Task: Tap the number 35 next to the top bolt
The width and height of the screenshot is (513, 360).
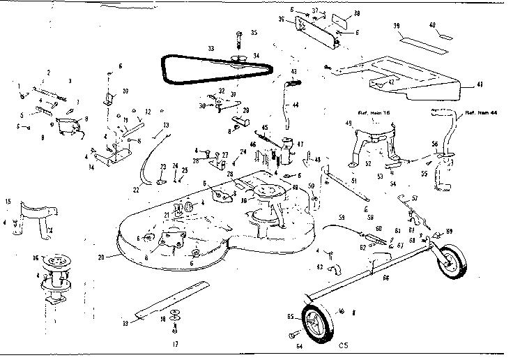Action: click(x=254, y=33)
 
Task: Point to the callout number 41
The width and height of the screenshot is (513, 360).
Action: click(x=480, y=84)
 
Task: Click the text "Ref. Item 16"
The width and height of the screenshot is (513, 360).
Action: click(x=374, y=112)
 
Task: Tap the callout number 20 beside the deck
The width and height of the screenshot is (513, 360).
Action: click(x=101, y=257)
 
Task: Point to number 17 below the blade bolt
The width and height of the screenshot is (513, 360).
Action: click(x=175, y=343)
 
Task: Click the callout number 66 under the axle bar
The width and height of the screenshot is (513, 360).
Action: click(x=385, y=278)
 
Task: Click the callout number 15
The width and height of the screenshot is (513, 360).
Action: click(x=8, y=202)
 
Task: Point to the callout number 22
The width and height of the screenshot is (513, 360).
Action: click(x=135, y=190)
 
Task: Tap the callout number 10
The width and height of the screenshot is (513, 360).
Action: click(x=125, y=91)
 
